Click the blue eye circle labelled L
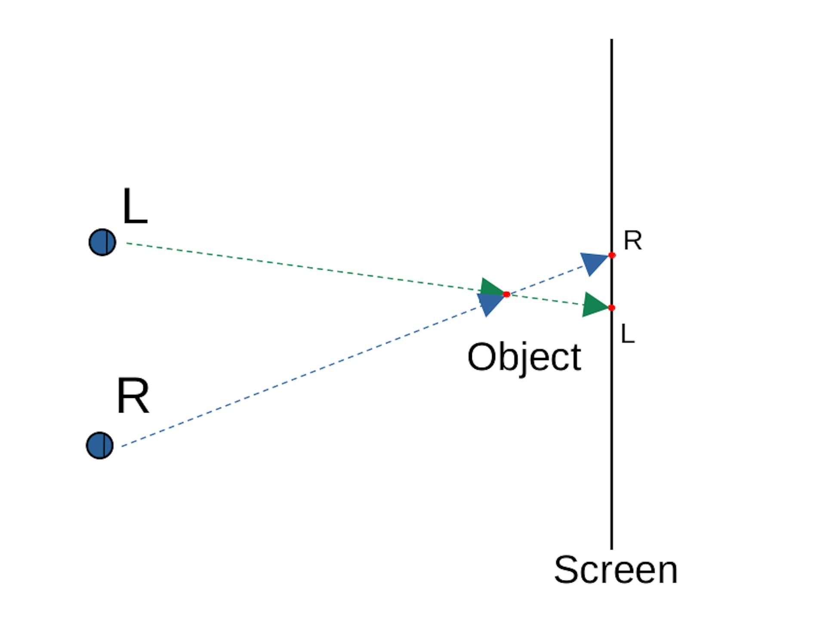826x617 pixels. coord(102,242)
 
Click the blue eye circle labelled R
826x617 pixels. coord(100,445)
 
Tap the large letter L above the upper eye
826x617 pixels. coord(135,207)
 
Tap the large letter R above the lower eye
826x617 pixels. coord(133,396)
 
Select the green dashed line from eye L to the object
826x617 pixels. coord(301,268)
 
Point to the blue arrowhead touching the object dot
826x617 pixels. coord(490,303)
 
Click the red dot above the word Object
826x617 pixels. coord(506,294)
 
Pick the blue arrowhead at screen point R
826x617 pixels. coord(594,262)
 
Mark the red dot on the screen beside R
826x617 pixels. coord(612,255)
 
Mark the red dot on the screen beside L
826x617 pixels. coord(612,308)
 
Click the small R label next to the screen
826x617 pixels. coord(632,241)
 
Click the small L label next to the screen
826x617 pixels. coord(628,333)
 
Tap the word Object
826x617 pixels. coord(524,358)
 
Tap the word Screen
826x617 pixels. coord(616,570)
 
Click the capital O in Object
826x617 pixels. coord(481,357)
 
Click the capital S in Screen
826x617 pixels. coord(567,570)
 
